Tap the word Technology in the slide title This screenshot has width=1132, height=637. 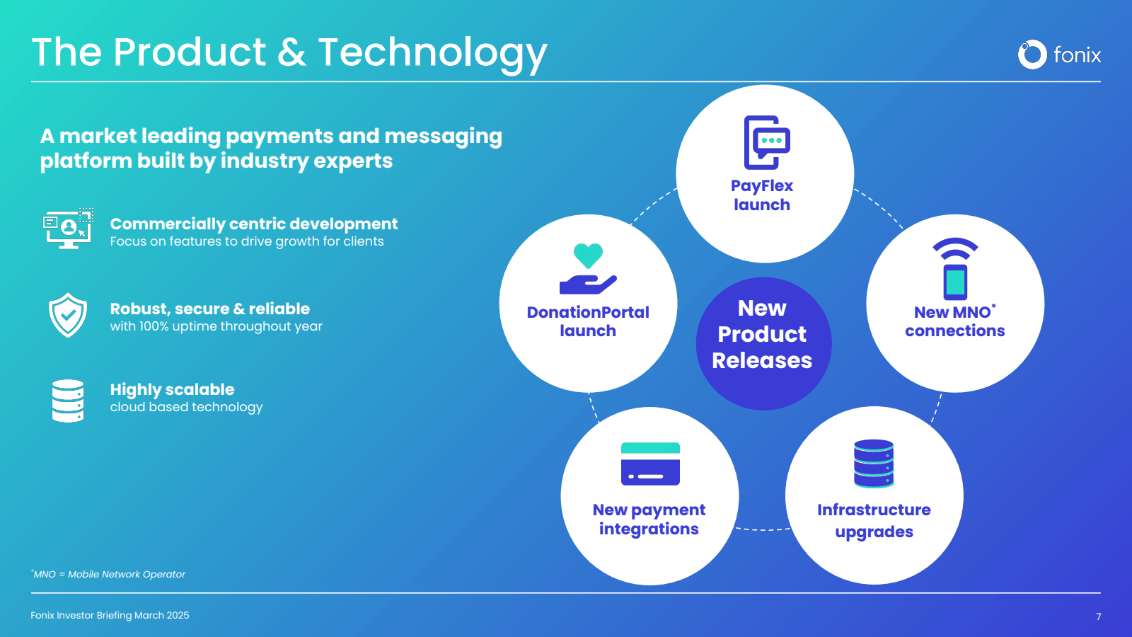pos(432,54)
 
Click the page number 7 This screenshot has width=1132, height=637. pos(1098,616)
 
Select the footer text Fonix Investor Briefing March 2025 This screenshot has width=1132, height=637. pos(110,615)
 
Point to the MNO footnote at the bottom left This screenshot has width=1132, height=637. pos(108,574)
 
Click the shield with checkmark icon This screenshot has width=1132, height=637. pos(68,315)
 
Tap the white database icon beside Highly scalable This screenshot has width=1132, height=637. pos(68,401)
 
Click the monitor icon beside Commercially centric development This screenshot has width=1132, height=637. pos(68,229)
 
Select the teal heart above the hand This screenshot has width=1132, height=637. pos(588,255)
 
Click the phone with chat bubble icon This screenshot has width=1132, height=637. pos(766,142)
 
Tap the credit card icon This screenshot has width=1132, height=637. pos(650,464)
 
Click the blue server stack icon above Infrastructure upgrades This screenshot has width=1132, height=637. pos(874,463)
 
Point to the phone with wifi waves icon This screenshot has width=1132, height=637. pos(955,269)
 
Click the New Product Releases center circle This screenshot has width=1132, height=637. pos(763,343)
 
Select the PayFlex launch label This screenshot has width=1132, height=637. pos(762,195)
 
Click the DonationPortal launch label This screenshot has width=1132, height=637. pos(588,321)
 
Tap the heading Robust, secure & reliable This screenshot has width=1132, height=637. pos(209,309)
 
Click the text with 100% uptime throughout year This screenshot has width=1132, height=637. pos(216,326)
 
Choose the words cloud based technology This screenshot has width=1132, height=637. pos(186,407)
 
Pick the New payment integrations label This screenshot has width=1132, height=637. pos(649,520)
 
